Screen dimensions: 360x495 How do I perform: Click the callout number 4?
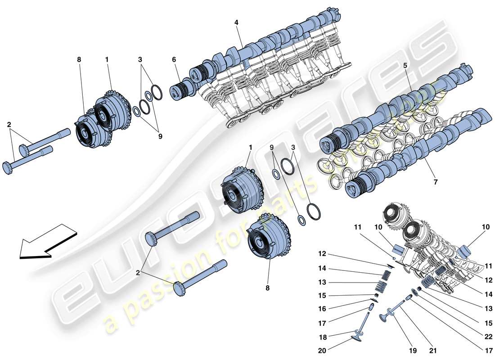tap(236, 22)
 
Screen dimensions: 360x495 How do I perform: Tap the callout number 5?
tap(405, 65)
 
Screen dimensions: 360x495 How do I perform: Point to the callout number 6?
tap(174, 59)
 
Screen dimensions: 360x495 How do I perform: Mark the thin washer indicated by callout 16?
tap(373, 300)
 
